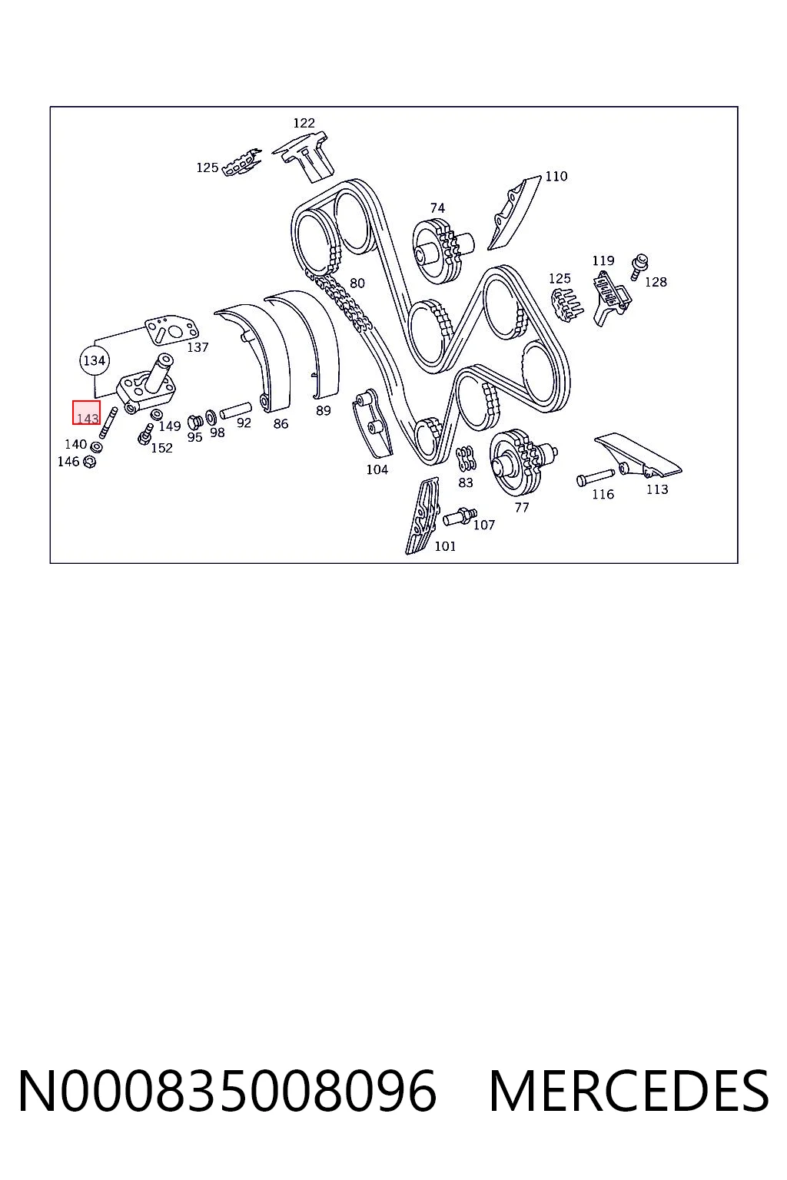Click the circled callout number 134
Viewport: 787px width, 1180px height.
click(95, 360)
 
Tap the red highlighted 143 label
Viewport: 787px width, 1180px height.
click(86, 413)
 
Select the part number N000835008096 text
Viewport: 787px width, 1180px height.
click(227, 1091)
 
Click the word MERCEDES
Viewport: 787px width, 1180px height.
click(629, 1091)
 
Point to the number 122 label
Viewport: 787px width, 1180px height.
click(304, 123)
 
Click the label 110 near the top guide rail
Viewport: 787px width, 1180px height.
click(556, 176)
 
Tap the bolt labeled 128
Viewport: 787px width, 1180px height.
click(639, 267)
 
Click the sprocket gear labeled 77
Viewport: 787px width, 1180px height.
click(521, 462)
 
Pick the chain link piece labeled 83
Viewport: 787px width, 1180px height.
click(466, 459)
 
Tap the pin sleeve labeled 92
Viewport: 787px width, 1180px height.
click(236, 410)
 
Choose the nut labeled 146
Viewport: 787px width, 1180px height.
click(90, 462)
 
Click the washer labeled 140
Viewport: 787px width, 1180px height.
click(97, 447)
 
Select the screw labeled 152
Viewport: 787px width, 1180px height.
click(145, 434)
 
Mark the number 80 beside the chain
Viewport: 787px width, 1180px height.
click(357, 283)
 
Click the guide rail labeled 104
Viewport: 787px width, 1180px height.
click(372, 423)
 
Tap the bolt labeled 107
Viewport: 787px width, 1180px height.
click(460, 517)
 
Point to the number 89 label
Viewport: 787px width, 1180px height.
click(323, 410)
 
